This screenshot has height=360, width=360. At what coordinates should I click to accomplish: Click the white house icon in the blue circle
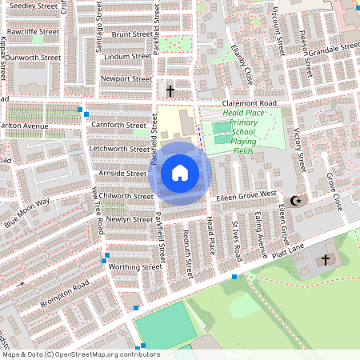(180, 172)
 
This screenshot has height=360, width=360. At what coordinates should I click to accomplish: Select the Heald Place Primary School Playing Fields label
(244, 132)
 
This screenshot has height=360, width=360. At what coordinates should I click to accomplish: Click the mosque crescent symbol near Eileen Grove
(298, 200)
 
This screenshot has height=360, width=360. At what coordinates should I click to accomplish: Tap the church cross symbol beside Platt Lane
(325, 259)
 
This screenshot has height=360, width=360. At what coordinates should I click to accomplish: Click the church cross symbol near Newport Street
(170, 90)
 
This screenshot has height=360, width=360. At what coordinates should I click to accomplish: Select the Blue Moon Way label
(27, 213)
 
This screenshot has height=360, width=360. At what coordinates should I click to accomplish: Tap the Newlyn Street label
(130, 219)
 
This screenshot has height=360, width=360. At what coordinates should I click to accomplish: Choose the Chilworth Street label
(126, 196)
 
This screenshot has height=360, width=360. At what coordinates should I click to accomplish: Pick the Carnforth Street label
(119, 125)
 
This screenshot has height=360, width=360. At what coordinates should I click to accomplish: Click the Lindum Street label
(128, 57)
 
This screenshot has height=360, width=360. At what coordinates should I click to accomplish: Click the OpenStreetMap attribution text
(80, 354)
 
